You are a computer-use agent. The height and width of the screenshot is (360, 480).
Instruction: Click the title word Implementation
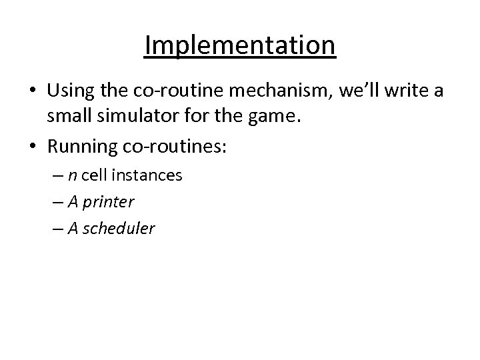point(240,46)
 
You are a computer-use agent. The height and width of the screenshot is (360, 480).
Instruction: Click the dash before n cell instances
point(58,176)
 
